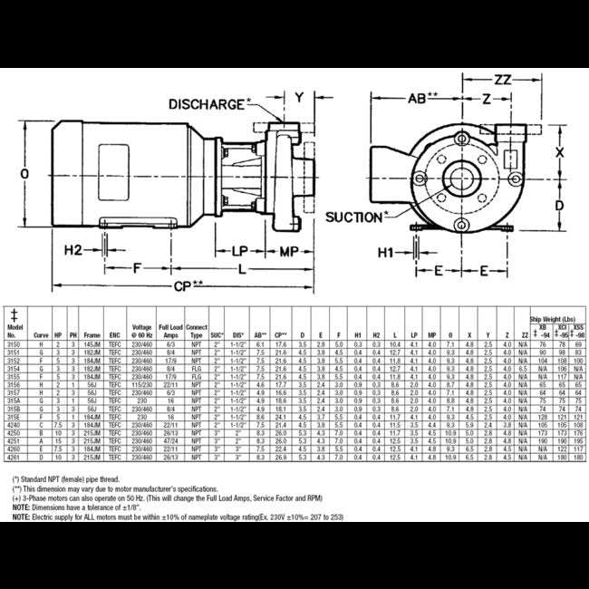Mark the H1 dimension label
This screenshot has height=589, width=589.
384,250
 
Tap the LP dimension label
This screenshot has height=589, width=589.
240,248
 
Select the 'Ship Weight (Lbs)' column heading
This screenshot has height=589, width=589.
554,320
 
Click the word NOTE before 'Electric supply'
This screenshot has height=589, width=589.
24,520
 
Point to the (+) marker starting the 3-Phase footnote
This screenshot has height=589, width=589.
17,497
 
